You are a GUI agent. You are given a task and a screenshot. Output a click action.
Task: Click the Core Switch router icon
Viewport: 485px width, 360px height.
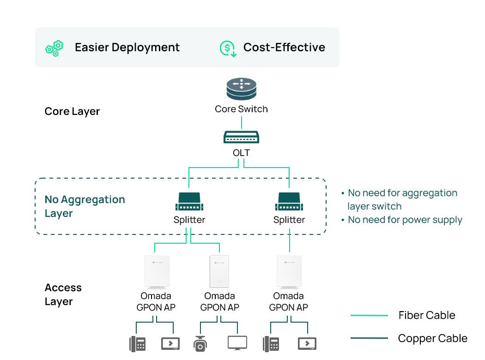[241, 90]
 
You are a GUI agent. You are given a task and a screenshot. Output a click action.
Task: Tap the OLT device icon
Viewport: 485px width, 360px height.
[241, 137]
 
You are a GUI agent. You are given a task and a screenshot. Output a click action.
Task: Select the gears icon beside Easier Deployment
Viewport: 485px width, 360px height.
[55, 48]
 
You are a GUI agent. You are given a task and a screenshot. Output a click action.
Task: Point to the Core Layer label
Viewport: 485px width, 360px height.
[72, 112]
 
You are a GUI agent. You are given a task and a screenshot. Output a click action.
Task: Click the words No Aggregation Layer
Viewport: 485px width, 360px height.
[85, 206]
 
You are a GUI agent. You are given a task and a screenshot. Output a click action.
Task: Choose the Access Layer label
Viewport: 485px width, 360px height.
[63, 294]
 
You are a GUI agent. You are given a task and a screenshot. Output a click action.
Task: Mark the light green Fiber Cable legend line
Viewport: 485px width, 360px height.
[369, 316]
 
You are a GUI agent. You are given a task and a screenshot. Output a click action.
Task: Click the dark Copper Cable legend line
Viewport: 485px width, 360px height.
[369, 338]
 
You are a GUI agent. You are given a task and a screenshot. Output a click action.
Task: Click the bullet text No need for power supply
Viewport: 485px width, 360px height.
[405, 220]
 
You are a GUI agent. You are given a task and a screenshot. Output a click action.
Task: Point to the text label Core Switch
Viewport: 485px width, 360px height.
[241, 109]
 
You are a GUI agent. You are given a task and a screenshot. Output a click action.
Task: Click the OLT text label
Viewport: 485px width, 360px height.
[241, 152]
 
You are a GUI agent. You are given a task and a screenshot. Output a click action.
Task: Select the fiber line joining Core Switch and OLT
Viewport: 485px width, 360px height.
[241, 123]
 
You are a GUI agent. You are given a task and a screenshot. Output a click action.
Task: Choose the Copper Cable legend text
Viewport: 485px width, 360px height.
[432, 338]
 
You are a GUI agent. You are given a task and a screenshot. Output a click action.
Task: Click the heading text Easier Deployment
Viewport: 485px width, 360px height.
[127, 48]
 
